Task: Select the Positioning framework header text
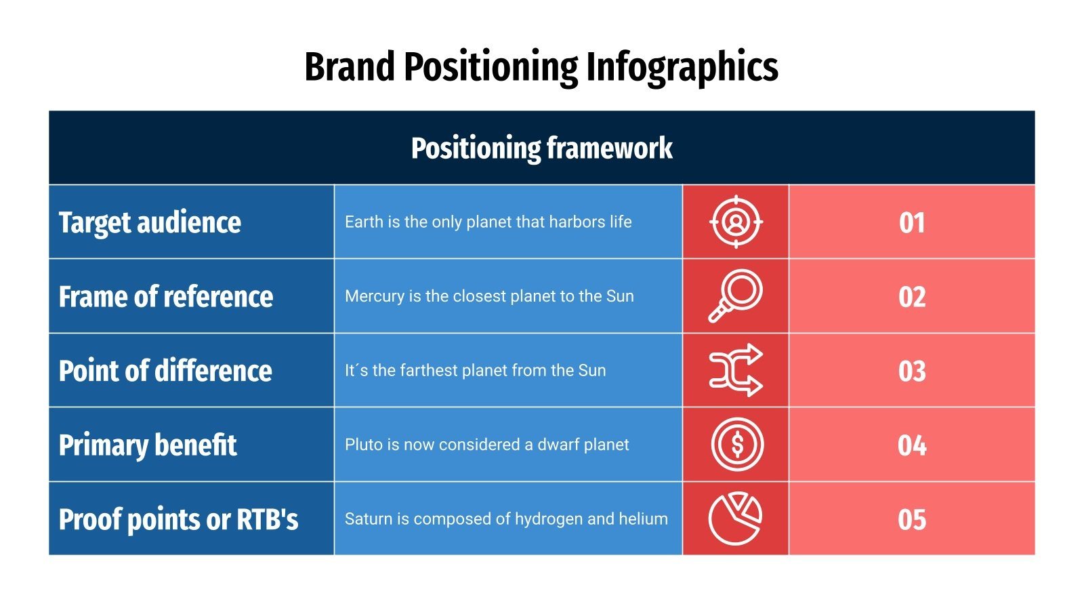click(541, 148)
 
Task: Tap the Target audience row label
click(150, 222)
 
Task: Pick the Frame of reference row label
click(166, 297)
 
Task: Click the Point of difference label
click(165, 371)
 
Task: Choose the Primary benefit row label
click(148, 445)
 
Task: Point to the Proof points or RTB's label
click(178, 520)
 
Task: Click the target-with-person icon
click(736, 222)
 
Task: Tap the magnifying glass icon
click(736, 296)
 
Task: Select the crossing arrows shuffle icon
click(736, 370)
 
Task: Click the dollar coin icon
click(737, 445)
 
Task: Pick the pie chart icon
click(735, 518)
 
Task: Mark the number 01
click(912, 223)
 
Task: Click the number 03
click(912, 371)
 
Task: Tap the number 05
click(912, 520)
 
